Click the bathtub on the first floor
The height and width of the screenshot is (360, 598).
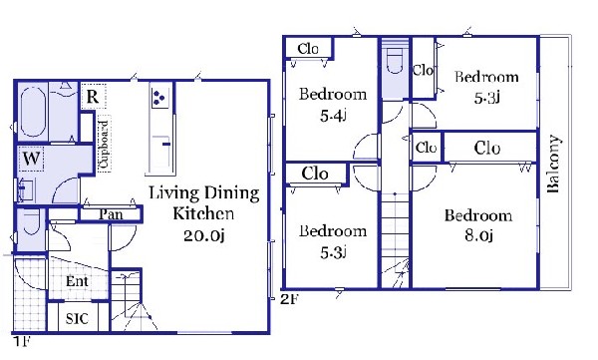point(33,113)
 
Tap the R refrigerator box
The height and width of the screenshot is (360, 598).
point(93,97)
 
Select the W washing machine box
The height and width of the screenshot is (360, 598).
point(31,158)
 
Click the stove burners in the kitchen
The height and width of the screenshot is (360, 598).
point(159,97)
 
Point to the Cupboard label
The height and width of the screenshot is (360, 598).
point(104,144)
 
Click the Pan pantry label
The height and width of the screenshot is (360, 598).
point(111,214)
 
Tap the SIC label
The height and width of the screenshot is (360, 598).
point(77,318)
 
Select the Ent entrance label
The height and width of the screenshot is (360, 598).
point(77,281)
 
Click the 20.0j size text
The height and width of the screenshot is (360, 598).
point(203,235)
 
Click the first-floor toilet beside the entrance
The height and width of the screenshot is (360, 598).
point(32,222)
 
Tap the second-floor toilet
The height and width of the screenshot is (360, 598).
point(395,61)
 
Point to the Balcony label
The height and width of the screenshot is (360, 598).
point(553,164)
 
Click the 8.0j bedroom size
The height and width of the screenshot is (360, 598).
point(478,235)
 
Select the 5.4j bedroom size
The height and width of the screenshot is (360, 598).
point(333,116)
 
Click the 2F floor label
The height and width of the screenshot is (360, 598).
point(289,299)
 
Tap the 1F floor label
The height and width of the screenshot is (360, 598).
point(21,341)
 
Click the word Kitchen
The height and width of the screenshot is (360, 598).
point(203,213)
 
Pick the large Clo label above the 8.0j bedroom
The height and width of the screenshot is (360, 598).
point(487,148)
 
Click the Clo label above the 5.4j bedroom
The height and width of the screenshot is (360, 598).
point(308,49)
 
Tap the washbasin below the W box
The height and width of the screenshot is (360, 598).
point(27,189)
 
